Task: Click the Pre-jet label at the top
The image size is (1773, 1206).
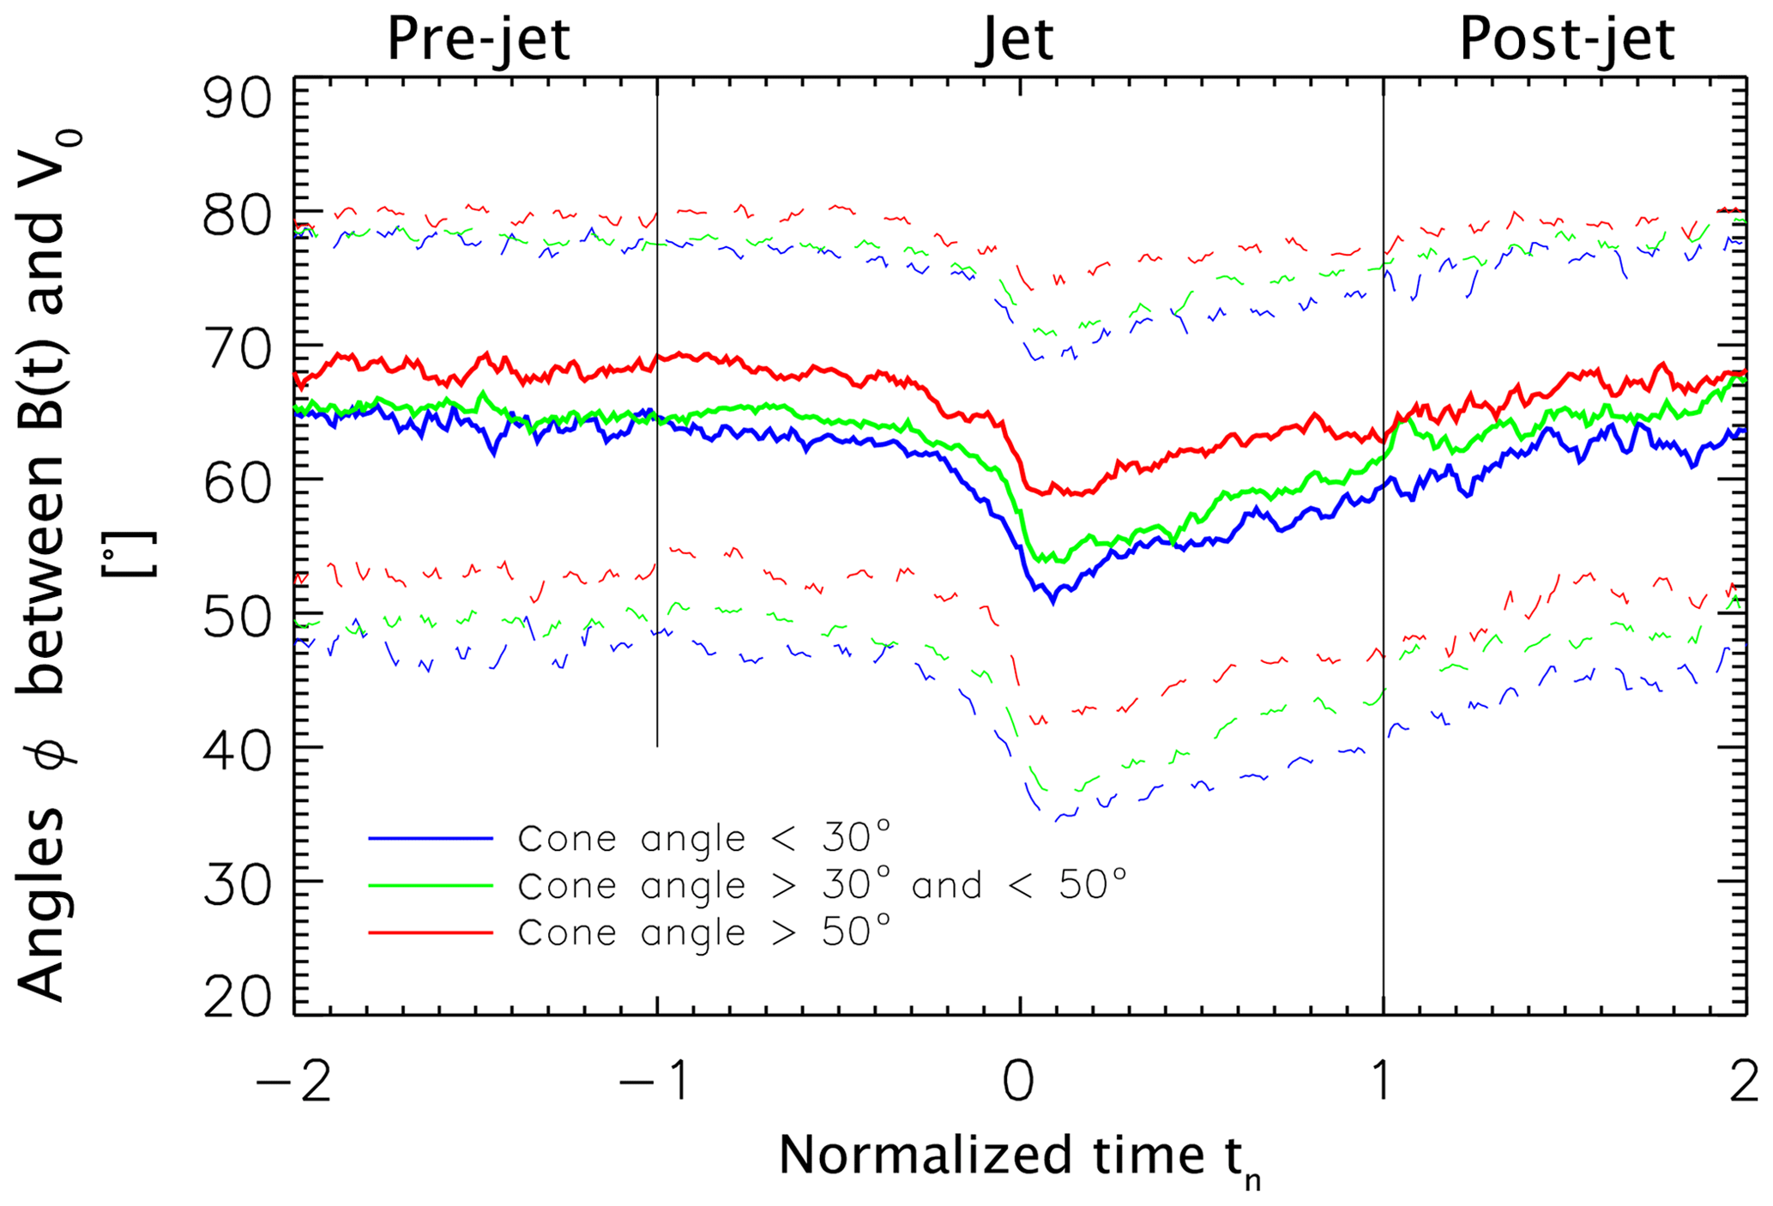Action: tap(479, 39)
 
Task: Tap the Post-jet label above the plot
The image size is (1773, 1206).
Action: tap(1566, 39)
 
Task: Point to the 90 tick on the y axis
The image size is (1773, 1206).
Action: tap(237, 99)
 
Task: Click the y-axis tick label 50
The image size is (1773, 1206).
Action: tap(237, 614)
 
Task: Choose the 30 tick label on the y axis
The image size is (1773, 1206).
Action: tap(237, 881)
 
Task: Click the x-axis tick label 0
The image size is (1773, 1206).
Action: tap(1019, 1082)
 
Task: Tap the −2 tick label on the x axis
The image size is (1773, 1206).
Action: tap(293, 1082)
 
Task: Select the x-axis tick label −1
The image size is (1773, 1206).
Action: tap(655, 1082)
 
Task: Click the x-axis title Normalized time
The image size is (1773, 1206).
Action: tap(1019, 1156)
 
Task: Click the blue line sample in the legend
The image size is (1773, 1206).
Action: tap(431, 838)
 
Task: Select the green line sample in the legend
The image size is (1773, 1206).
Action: tap(431, 884)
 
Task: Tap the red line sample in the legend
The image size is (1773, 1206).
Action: tap(431, 932)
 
